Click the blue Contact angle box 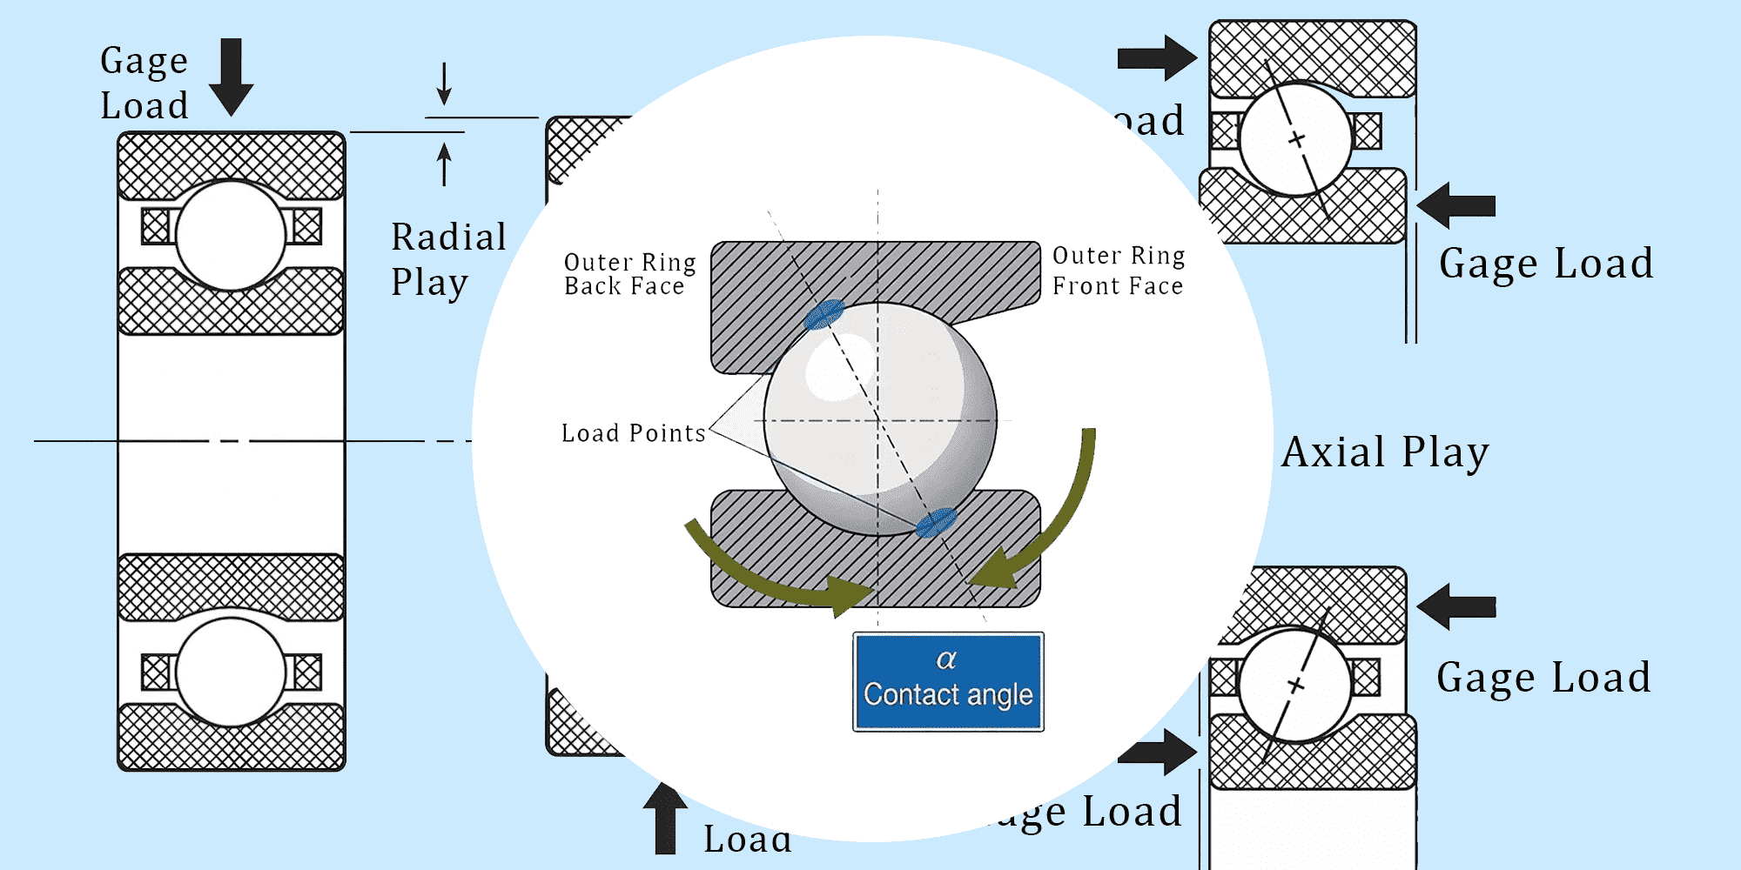pos(948,681)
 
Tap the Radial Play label pos(447,259)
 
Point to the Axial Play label pos(1385,452)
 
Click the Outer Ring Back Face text pos(629,274)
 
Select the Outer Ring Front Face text pos(1119,271)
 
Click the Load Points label pos(633,432)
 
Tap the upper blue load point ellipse pos(823,314)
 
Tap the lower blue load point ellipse pos(936,523)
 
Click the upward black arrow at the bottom pos(665,818)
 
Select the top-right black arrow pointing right pos(1156,58)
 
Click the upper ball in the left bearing pos(231,235)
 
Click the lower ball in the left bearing pos(231,672)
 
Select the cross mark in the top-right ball pos(1297,139)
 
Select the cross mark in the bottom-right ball pos(1296,686)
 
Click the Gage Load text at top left pos(144,83)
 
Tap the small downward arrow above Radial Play pos(444,84)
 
